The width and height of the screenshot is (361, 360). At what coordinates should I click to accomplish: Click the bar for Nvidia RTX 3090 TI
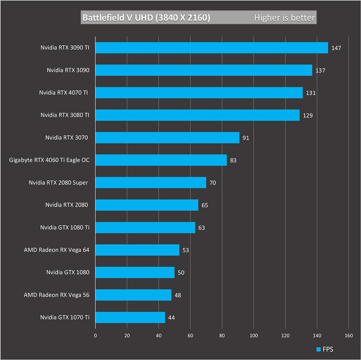[x=212, y=48]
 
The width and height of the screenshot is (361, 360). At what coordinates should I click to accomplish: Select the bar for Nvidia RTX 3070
[x=168, y=138]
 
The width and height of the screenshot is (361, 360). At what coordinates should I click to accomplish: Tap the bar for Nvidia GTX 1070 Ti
[x=130, y=317]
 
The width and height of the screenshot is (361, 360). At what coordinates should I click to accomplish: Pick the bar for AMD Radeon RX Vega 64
[x=138, y=250]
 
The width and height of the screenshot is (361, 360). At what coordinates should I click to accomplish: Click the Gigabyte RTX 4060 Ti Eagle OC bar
[x=161, y=160]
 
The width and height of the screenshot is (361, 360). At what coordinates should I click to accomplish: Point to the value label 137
[x=320, y=70]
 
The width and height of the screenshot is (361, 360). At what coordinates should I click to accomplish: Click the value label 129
[x=308, y=116]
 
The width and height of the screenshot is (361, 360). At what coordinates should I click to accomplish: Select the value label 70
[x=213, y=183]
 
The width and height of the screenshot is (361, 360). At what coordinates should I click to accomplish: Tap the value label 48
[x=178, y=295]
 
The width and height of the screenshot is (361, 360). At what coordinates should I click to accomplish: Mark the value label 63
[x=201, y=228]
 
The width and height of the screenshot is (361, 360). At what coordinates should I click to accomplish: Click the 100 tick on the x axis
[x=254, y=335]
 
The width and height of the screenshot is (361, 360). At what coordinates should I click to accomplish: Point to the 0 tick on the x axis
[x=95, y=335]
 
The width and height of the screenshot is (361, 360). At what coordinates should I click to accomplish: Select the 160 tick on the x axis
[x=349, y=335]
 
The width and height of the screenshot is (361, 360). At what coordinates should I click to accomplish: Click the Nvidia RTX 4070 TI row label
[x=64, y=92]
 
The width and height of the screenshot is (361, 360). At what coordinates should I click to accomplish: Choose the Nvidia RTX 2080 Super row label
[x=58, y=183]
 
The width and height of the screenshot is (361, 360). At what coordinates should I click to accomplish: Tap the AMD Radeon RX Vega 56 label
[x=56, y=295]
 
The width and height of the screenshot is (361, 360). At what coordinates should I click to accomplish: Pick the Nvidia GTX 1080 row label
[x=68, y=272]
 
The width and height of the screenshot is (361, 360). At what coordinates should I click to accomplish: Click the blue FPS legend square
[x=319, y=350]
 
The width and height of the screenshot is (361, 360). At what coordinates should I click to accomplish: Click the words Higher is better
[x=284, y=18]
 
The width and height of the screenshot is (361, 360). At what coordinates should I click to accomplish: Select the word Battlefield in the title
[x=103, y=18]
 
